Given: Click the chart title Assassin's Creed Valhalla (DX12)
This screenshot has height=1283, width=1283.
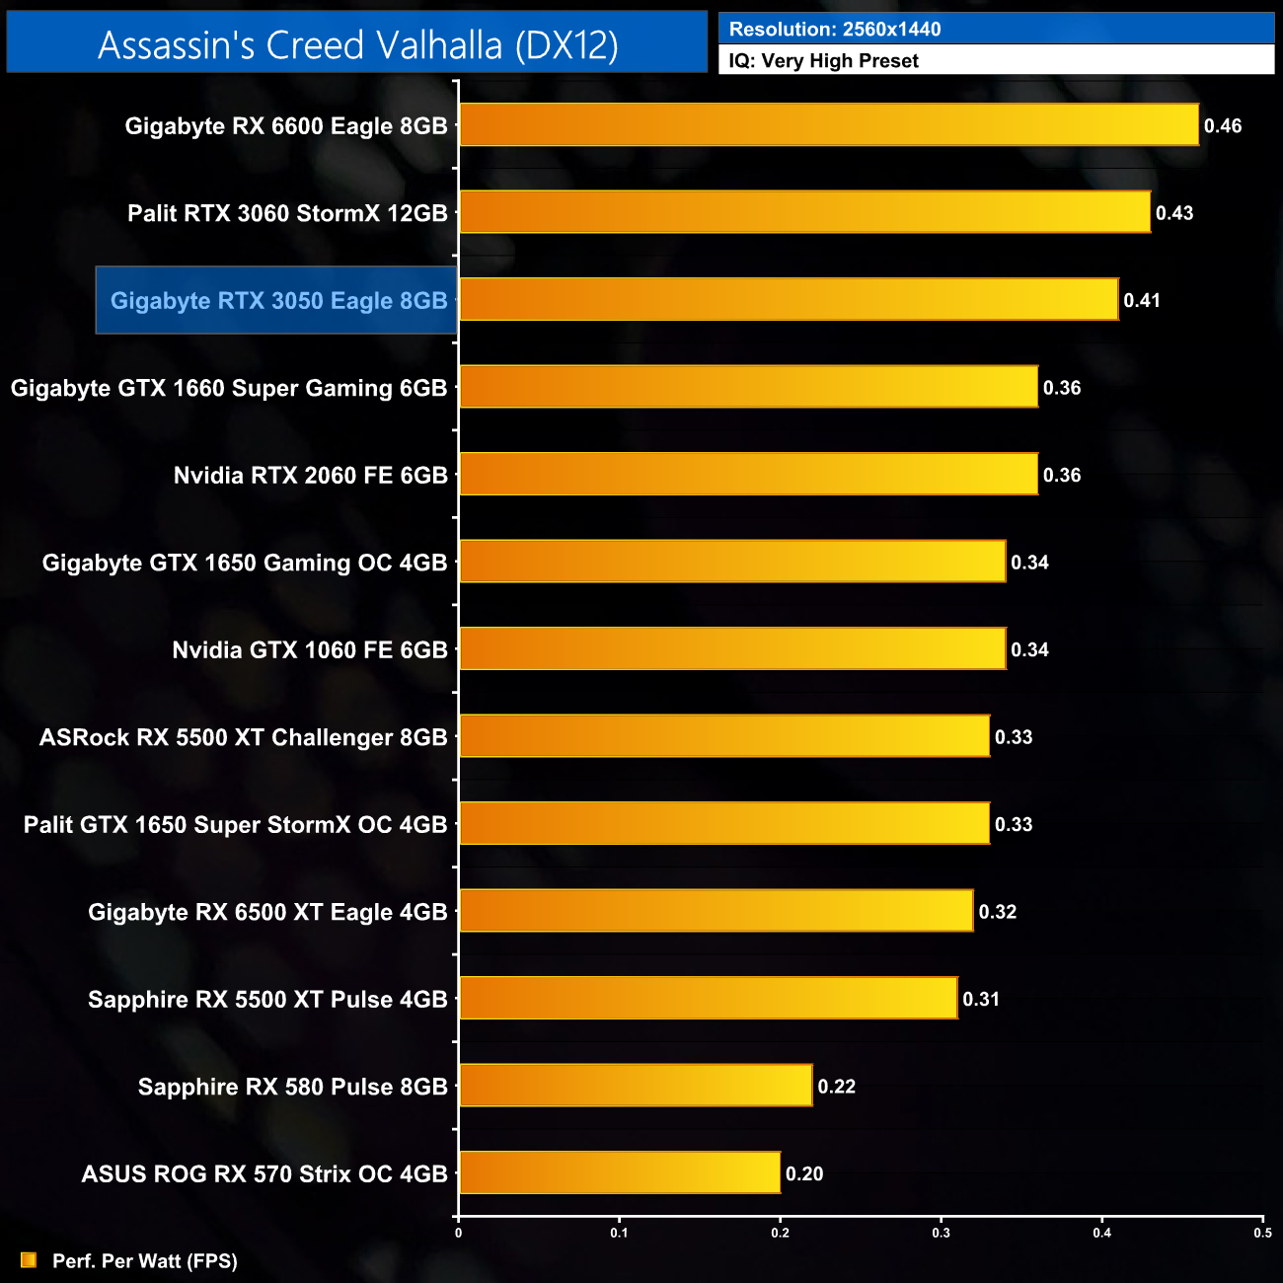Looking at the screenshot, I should pyautogui.click(x=357, y=45).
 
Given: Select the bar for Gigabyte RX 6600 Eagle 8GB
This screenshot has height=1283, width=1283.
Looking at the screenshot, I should pyautogui.click(x=829, y=125).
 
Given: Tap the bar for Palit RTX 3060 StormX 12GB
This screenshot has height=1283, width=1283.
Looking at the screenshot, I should pyautogui.click(x=804, y=212).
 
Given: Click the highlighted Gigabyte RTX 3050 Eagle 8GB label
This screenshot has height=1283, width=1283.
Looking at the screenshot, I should pyautogui.click(x=278, y=301).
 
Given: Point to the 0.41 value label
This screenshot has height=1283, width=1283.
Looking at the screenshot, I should pyautogui.click(x=1142, y=301).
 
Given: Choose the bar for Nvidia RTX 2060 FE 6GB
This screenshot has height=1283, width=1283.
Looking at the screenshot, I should pyautogui.click(x=748, y=475).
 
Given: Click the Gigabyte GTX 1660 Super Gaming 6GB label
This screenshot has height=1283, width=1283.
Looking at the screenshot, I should pyautogui.click(x=229, y=388).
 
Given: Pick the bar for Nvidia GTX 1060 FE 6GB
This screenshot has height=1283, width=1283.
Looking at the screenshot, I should pyautogui.click(x=732, y=649).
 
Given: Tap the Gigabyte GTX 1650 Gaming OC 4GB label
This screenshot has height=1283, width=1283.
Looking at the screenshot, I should pyautogui.click(x=245, y=563).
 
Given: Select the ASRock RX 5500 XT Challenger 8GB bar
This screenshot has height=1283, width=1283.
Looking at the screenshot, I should pyautogui.click(x=724, y=736).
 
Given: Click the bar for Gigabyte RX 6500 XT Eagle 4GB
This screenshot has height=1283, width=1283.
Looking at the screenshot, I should pyautogui.click(x=717, y=911).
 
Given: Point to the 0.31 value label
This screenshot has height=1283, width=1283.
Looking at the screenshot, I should pyautogui.click(x=981, y=999).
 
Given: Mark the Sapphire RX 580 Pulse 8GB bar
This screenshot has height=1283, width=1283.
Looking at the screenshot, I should pyautogui.click(x=636, y=1086).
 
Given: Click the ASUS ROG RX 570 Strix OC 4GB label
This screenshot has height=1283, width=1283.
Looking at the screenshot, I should pyautogui.click(x=264, y=1173).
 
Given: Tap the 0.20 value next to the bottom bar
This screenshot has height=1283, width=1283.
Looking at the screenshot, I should pyautogui.click(x=804, y=1173).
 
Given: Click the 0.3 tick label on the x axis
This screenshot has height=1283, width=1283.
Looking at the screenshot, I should pyautogui.click(x=941, y=1233).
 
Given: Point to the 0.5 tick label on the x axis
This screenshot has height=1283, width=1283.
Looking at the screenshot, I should pyautogui.click(x=1262, y=1233).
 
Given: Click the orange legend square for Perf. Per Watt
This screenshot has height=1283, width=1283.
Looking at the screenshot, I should pyautogui.click(x=29, y=1260).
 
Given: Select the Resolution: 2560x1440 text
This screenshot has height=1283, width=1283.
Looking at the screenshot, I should pyautogui.click(x=835, y=29).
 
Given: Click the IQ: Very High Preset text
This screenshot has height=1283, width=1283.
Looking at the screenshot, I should pyautogui.click(x=823, y=61).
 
